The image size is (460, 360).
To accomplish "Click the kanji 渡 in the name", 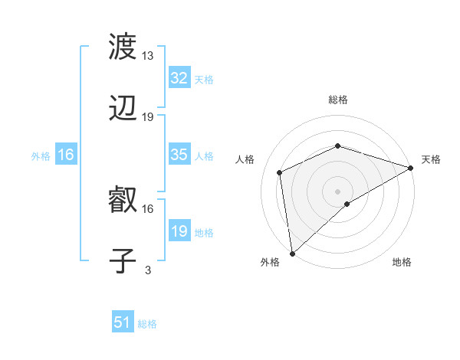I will [123, 48].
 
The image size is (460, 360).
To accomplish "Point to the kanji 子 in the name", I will [123, 262].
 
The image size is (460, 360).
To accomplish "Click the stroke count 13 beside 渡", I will [148, 56].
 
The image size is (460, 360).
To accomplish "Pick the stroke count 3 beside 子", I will [148, 270].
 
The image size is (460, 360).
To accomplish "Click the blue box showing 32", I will [179, 78].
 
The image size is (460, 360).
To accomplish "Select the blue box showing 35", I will [179, 155].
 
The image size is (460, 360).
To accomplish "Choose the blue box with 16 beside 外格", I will [66, 155].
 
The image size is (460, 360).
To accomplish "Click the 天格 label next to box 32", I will [204, 79].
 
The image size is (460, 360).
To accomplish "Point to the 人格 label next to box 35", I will [204, 155].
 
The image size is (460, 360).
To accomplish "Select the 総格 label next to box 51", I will [147, 324].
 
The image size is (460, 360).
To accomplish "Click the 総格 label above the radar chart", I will [338, 100].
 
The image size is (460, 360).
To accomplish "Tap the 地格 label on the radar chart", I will [402, 262].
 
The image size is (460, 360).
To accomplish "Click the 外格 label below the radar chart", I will [270, 262].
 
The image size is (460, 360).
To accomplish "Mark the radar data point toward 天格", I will [411, 168].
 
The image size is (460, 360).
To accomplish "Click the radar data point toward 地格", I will [347, 204].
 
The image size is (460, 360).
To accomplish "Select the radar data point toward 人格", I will [280, 172].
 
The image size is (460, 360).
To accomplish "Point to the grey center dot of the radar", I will [338, 191].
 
